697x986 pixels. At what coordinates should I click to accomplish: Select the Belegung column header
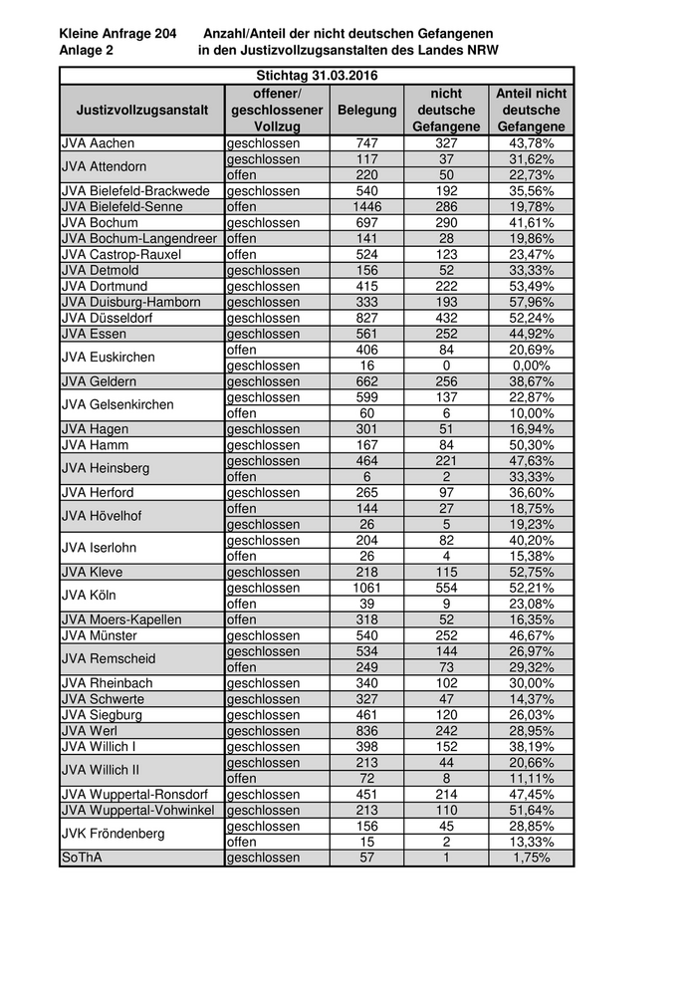pos(366,110)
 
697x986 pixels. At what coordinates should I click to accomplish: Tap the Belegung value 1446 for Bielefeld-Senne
pos(366,207)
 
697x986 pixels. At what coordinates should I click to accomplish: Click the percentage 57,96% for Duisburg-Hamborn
pos(531,302)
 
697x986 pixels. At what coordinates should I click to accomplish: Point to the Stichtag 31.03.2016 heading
pos(317,76)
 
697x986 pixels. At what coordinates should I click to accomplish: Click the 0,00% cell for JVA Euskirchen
pos(531,366)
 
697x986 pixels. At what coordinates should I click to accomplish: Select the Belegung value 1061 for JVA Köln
pos(366,588)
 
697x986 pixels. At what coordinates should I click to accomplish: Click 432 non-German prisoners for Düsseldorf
pos(446,318)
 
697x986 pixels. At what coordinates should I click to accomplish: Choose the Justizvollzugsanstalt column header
pos(142,110)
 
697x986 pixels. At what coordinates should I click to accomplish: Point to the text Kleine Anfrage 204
pos(117,34)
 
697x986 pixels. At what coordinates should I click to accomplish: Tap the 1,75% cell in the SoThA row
pos(531,858)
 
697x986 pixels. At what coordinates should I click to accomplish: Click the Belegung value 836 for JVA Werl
pos(366,730)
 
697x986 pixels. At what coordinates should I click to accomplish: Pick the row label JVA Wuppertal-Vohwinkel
pos(138,810)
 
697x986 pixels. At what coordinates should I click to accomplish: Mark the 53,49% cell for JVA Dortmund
pos(531,286)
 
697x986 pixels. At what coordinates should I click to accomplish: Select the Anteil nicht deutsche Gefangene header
pos(531,110)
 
